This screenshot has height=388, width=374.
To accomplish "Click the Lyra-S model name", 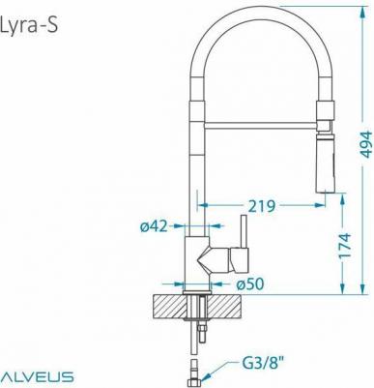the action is [29, 25].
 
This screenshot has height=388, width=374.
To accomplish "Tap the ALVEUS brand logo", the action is [37, 376].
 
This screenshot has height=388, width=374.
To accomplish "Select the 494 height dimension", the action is [365, 144].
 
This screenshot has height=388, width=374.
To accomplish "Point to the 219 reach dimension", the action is [262, 206].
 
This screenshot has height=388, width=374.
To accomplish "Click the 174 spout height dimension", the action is [345, 246].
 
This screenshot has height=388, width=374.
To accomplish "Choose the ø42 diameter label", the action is [154, 226].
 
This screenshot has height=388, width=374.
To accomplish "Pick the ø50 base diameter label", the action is [250, 284].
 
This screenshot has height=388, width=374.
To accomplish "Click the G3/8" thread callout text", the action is [263, 364].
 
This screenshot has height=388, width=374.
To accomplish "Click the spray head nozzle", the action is [326, 164].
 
